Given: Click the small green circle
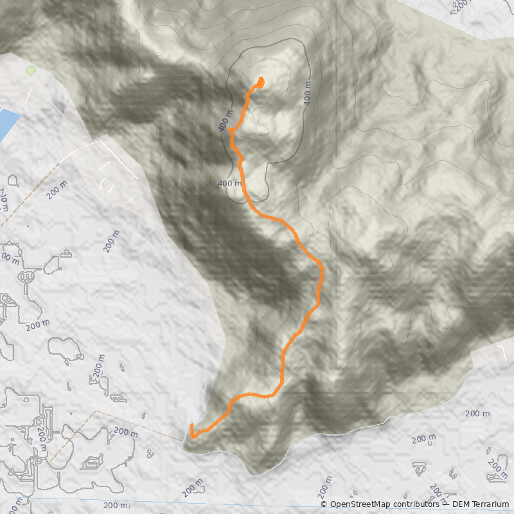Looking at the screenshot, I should (30, 71).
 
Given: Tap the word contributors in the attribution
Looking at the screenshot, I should (418, 504).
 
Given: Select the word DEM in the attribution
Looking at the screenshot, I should (461, 504).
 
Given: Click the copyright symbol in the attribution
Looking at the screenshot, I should (324, 504).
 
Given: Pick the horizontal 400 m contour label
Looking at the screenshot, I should (229, 184).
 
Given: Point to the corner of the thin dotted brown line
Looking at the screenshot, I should (96, 411).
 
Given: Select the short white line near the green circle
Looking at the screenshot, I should (29, 94).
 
